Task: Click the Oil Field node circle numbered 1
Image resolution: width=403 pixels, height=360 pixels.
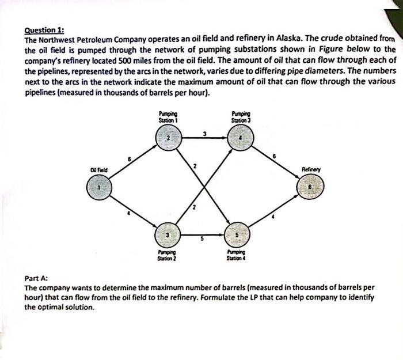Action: (x=98, y=187)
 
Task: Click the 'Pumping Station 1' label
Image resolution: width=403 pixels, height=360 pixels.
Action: (x=168, y=117)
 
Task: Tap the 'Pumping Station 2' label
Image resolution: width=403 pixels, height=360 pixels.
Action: (x=168, y=255)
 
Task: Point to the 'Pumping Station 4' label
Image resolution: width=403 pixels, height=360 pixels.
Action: (x=240, y=255)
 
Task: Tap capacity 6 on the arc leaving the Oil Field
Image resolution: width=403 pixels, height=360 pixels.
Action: (x=130, y=158)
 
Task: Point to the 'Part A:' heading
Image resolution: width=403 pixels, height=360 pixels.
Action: (x=36, y=278)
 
